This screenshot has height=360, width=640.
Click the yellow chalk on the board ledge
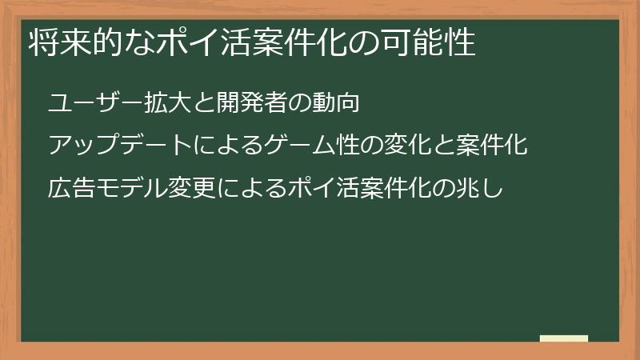point(563,338)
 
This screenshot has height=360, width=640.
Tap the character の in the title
point(362,43)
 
